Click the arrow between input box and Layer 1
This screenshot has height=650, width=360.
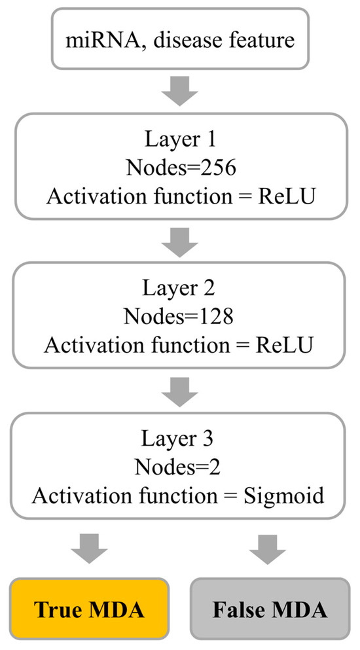click(179, 92)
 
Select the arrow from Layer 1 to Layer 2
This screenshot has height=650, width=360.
click(179, 242)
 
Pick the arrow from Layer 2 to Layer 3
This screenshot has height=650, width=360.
click(179, 391)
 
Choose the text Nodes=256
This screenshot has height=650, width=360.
click(179, 168)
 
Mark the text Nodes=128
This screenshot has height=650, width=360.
click(179, 317)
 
